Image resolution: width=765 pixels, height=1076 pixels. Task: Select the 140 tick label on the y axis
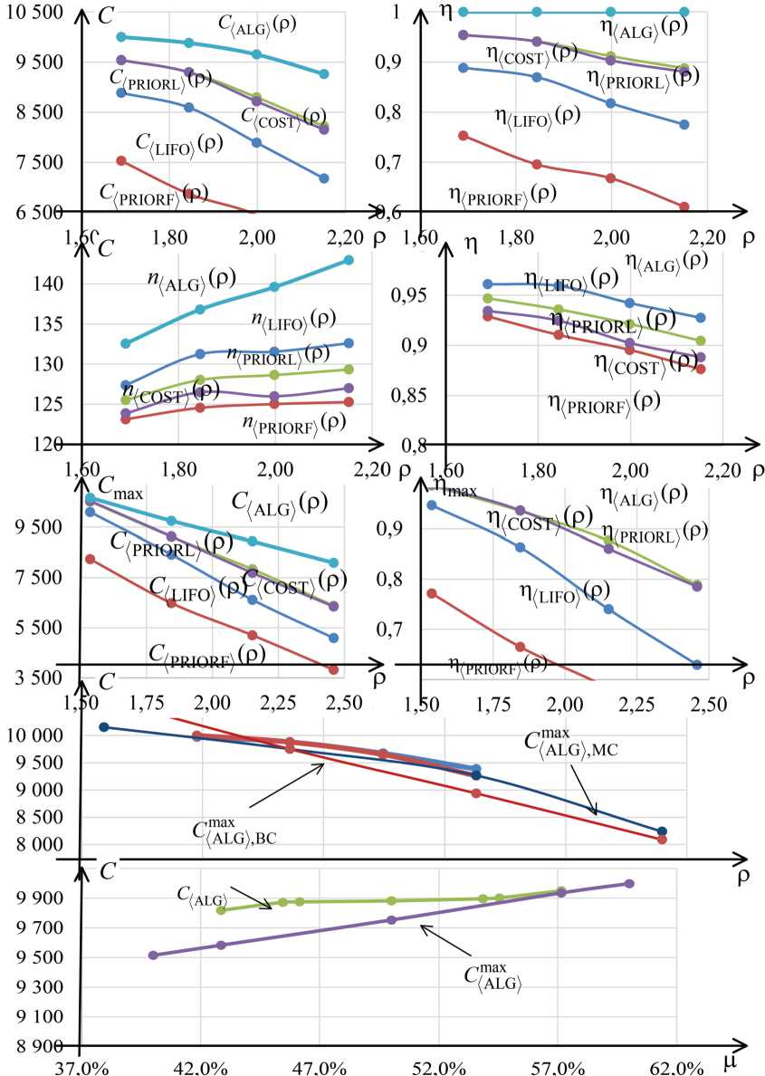[x=50, y=284]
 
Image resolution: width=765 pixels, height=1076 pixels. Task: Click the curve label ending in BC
[x=234, y=832]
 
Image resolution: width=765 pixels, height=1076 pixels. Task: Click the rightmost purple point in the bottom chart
[x=629, y=883]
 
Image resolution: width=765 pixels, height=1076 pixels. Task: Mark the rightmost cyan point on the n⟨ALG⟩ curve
[x=349, y=261]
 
